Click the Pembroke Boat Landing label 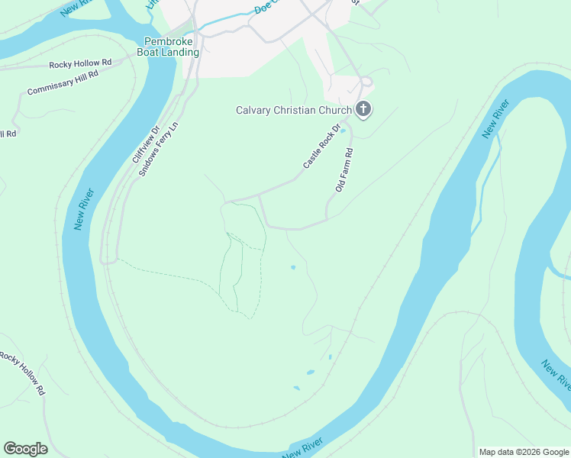168,47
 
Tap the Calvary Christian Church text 293,110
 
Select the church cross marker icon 363,109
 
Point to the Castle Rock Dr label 320,150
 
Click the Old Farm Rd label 345,169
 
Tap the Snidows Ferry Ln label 159,149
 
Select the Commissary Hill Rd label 63,82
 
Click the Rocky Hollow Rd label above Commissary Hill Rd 80,64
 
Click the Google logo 25,449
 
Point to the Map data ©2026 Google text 523,452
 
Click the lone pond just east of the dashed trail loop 293,267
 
